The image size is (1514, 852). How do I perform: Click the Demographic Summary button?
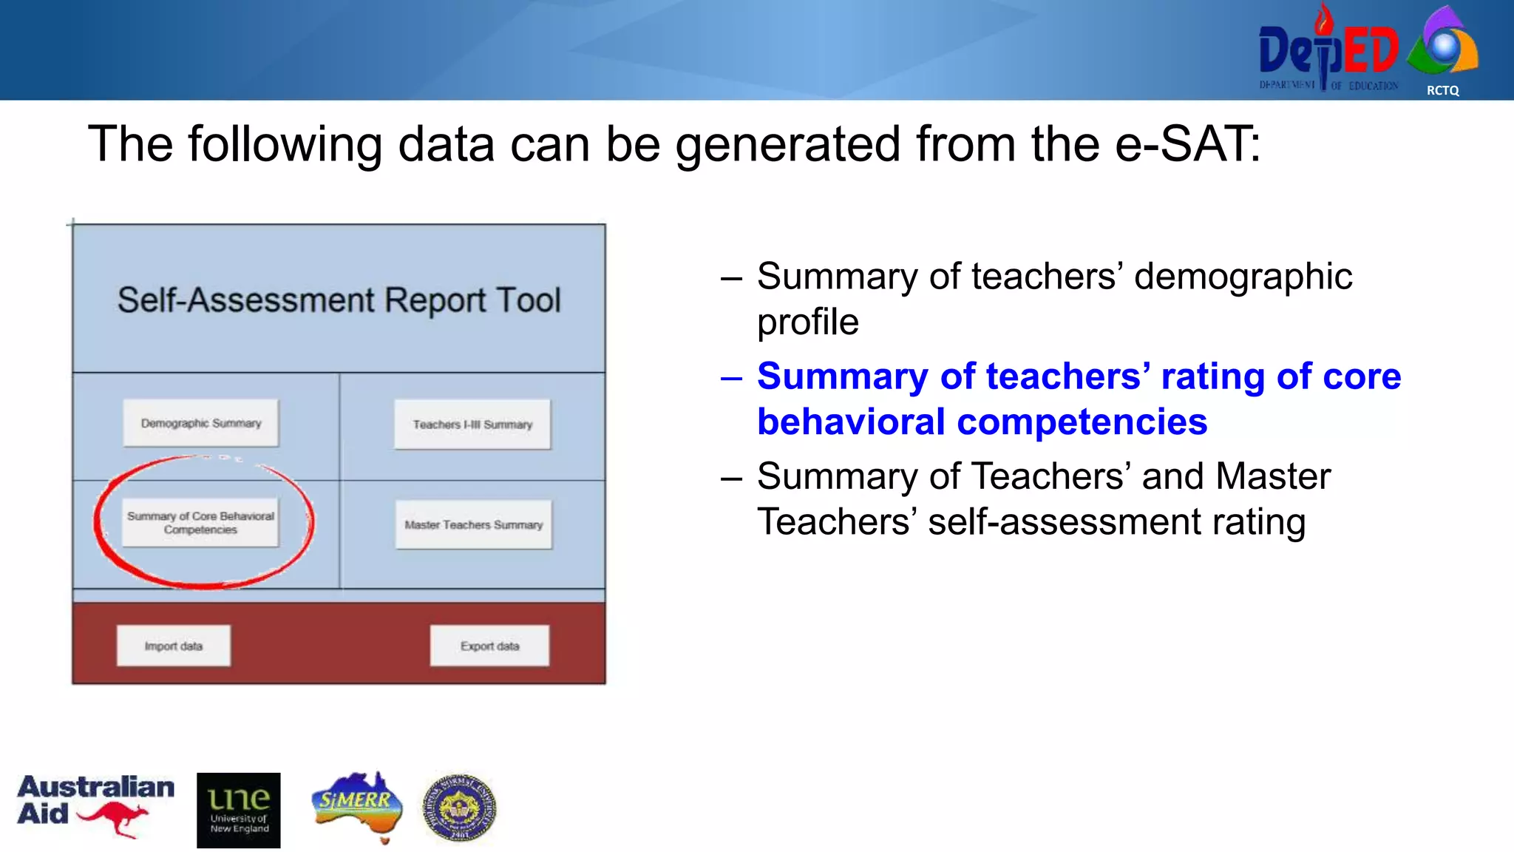click(201, 423)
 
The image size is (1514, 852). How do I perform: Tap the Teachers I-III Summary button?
click(472, 425)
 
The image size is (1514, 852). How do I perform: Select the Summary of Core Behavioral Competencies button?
click(200, 523)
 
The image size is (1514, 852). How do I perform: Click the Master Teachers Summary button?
click(473, 525)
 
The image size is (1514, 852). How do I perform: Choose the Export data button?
click(489, 646)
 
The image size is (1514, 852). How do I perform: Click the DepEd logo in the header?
click(1328, 50)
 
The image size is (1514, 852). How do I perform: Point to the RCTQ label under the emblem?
click(1442, 90)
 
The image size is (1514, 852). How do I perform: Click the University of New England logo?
click(239, 811)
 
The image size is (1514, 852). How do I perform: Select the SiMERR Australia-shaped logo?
click(358, 806)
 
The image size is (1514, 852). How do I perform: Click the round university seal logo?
click(459, 808)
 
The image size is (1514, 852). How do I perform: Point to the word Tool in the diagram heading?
click(529, 300)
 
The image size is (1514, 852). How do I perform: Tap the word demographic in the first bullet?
click(1243, 277)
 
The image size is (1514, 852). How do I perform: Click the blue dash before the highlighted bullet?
click(731, 378)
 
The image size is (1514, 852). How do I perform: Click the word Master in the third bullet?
click(1272, 476)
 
